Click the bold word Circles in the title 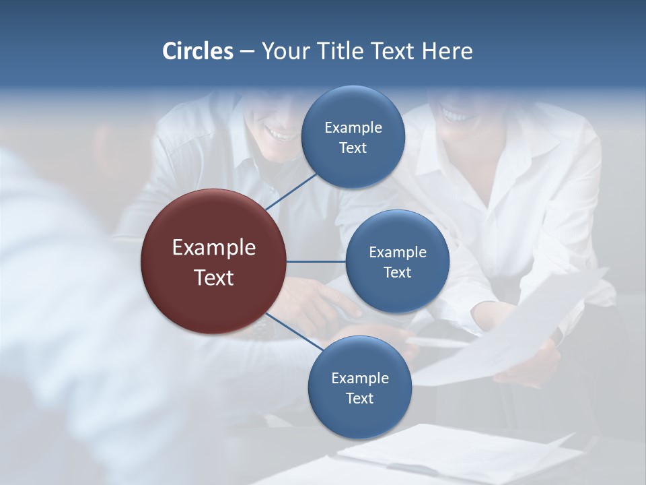tap(198, 51)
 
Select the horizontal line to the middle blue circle tap(316, 261)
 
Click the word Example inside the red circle tap(214, 248)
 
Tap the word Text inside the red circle tap(214, 278)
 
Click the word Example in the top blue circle tap(353, 127)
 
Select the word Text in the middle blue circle tap(397, 273)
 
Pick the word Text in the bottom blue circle tap(359, 398)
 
